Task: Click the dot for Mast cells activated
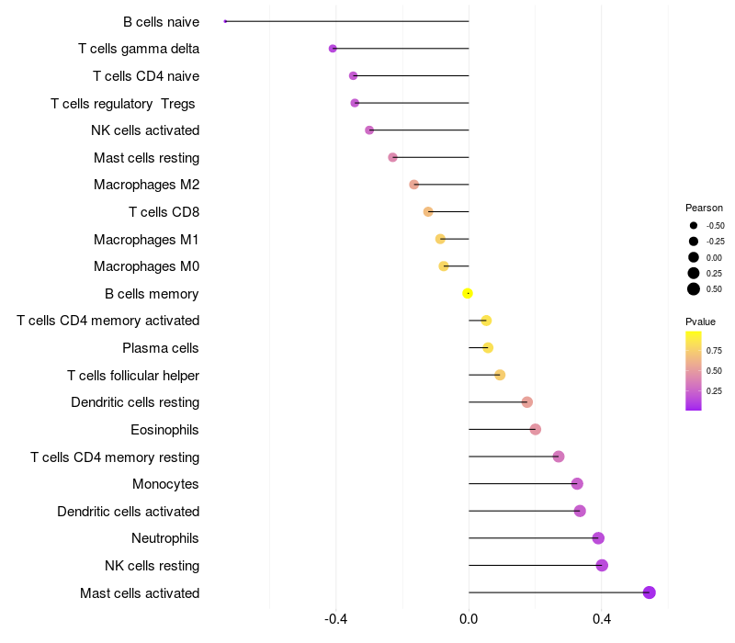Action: [650, 592]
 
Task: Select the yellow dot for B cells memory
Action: [468, 293]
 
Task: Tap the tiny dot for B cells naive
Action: [225, 21]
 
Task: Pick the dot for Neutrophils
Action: [598, 538]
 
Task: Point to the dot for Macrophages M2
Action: [413, 185]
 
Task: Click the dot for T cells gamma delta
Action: [333, 49]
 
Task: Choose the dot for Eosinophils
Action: [536, 429]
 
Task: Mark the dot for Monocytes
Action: [577, 484]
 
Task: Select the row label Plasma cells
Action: [161, 348]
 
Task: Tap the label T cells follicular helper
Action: [133, 375]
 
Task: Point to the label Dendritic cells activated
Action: [129, 511]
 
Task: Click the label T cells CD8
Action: [164, 212]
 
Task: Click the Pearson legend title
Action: [704, 208]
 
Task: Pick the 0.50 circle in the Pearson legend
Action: [694, 289]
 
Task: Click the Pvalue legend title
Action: [700, 321]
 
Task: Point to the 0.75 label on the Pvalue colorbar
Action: [714, 350]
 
